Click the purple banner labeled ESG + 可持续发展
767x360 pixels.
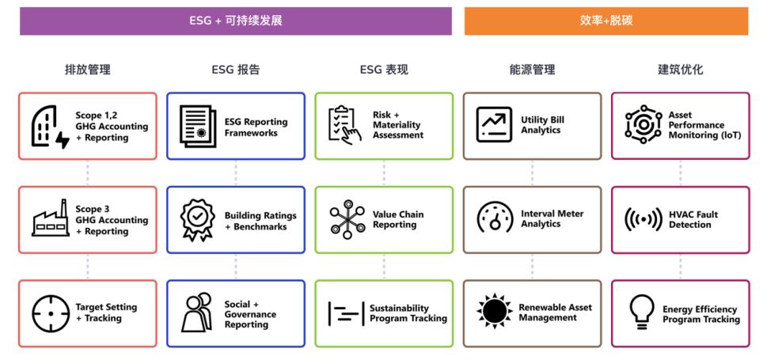tap(236, 21)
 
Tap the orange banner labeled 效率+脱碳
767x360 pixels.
tap(606, 21)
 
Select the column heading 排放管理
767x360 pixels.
tap(88, 70)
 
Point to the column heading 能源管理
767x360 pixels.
tap(532, 70)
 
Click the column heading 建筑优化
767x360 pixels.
tap(681, 70)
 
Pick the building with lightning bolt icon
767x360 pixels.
tap(50, 127)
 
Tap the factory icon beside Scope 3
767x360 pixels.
tap(51, 218)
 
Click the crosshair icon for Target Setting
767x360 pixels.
tap(51, 313)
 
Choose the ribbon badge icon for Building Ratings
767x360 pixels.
tap(198, 220)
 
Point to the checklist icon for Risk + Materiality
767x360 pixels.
tap(345, 125)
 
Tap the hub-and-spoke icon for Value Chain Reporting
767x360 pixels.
tap(347, 219)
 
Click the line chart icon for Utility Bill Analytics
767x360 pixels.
tap(494, 125)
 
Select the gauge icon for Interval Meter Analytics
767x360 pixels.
tap(495, 216)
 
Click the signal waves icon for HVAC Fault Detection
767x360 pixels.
tap(644, 219)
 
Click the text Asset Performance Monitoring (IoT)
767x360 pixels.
tap(704, 125)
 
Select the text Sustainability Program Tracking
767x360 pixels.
tap(408, 313)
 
